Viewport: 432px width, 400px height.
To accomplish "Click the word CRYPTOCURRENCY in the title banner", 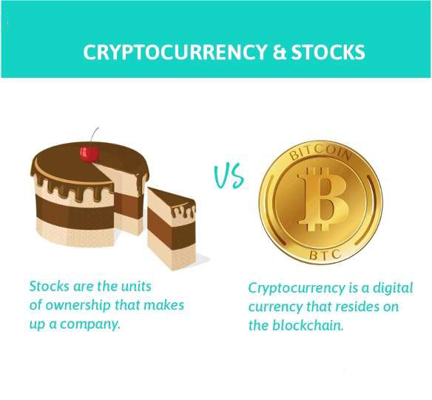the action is (175, 52).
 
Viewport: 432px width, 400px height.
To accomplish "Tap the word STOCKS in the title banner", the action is (328, 52).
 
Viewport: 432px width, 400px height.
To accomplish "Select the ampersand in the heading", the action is (279, 52).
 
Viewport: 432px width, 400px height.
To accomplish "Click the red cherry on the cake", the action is (90, 155).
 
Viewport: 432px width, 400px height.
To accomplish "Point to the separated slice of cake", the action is (172, 228).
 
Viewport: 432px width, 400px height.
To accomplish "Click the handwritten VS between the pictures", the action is (229, 176).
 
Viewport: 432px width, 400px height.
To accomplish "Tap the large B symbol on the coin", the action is (323, 199).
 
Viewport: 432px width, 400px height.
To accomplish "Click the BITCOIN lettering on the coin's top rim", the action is (320, 153).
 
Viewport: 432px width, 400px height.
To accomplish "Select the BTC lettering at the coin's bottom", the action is (325, 255).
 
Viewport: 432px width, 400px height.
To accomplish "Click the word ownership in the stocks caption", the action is (78, 306).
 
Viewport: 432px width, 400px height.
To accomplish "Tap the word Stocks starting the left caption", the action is (49, 286).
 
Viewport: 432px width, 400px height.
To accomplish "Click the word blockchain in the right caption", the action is (308, 325).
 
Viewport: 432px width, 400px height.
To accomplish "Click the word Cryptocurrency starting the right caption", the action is (297, 289).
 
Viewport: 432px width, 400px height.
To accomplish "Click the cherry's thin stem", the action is (94, 137).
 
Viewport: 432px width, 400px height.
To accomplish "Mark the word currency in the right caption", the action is (274, 307).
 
